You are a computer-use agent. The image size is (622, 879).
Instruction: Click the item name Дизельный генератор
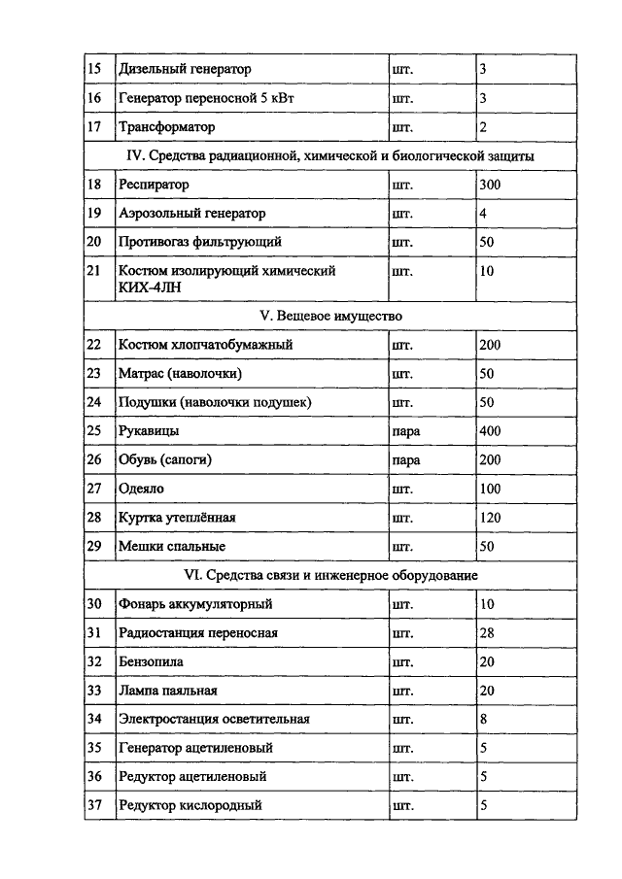[x=184, y=69]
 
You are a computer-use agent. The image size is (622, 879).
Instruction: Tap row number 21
[x=94, y=271]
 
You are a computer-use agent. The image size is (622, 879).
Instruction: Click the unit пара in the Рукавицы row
[x=404, y=430]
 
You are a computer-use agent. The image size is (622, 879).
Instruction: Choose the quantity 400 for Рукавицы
[x=491, y=430]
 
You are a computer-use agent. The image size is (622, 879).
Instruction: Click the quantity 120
[x=491, y=518]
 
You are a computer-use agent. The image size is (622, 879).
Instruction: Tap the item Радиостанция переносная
[x=197, y=632]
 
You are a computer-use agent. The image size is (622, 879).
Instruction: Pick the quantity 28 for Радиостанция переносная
[x=487, y=632]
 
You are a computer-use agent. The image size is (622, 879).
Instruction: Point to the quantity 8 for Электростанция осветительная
[x=483, y=719]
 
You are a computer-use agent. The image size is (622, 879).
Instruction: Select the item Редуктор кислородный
[x=190, y=805]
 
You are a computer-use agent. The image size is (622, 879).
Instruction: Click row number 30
[x=94, y=604]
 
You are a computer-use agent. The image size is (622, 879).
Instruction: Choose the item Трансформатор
[x=166, y=127]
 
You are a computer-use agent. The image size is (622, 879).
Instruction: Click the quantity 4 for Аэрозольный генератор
[x=483, y=213]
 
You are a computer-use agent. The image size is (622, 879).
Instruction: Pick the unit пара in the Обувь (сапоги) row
[x=404, y=459]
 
